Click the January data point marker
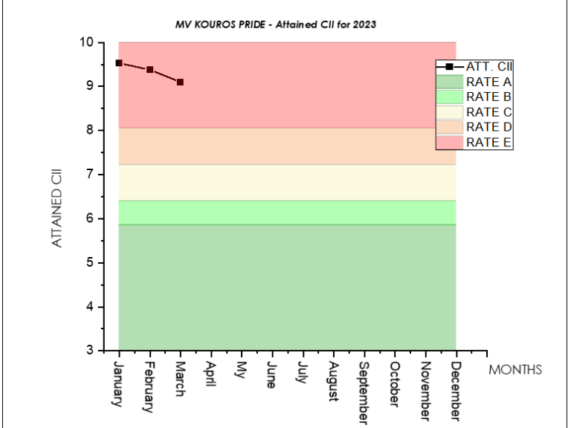coord(119,63)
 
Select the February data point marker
coord(150,70)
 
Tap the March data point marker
coord(181,82)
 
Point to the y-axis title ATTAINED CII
coord(57,208)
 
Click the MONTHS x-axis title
coord(515,369)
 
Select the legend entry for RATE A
coord(488,82)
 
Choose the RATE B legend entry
coord(488,97)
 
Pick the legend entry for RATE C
coord(488,111)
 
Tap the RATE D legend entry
coord(488,126)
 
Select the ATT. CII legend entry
coord(488,67)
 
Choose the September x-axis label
coord(364,392)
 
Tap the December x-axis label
coord(456,390)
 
